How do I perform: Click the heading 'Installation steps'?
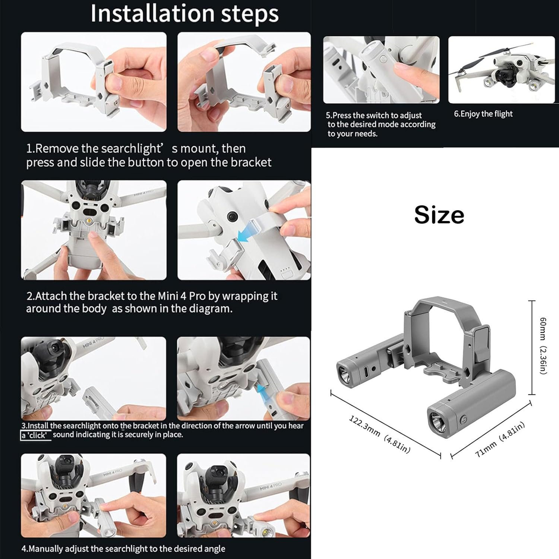tap(184, 14)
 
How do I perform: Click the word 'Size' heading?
tap(439, 215)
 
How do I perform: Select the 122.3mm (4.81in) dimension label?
tap(379, 435)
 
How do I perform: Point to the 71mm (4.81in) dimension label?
tap(500, 440)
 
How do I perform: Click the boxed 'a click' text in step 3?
tap(36, 435)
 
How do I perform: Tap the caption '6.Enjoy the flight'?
tap(483, 114)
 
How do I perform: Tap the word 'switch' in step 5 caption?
tap(378, 116)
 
